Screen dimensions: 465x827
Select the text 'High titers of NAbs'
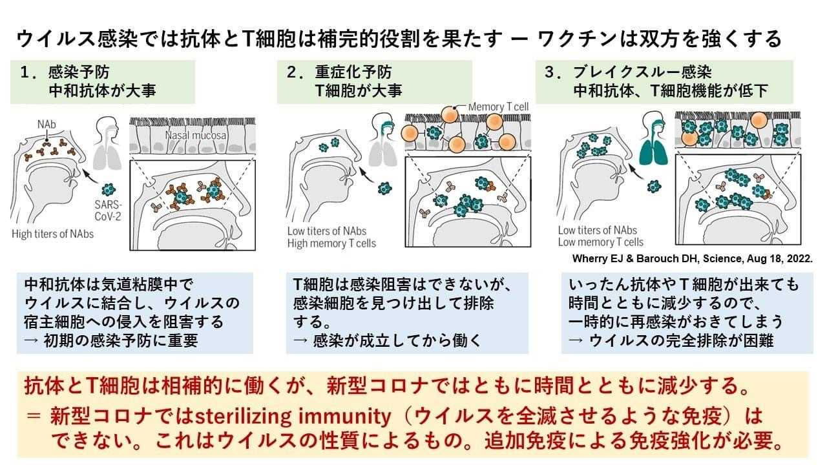click(x=52, y=234)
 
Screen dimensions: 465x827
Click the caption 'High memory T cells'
click(x=331, y=243)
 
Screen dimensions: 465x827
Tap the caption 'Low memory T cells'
click(x=601, y=242)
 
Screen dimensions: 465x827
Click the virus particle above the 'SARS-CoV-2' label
click(x=110, y=191)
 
